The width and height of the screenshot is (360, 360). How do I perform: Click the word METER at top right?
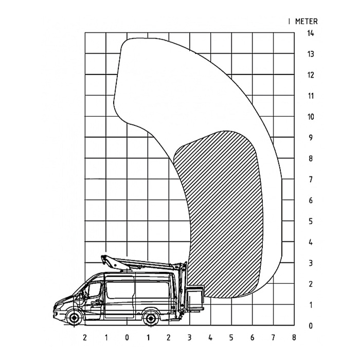click(x=307, y=22)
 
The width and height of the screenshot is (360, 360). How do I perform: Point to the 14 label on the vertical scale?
click(x=311, y=33)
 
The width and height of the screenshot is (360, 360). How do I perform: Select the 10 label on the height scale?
click(x=311, y=117)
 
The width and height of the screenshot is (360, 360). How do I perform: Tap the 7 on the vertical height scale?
click(x=311, y=179)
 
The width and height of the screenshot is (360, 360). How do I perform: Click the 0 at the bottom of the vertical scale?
click(x=311, y=326)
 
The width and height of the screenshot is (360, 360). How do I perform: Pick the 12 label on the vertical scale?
click(x=311, y=75)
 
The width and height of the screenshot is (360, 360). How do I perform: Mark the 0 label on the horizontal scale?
click(x=127, y=337)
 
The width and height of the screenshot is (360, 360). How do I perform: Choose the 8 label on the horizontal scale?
click(x=294, y=337)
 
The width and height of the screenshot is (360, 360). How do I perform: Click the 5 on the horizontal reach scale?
click(x=231, y=337)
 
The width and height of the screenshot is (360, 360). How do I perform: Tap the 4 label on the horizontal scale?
click(x=210, y=337)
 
